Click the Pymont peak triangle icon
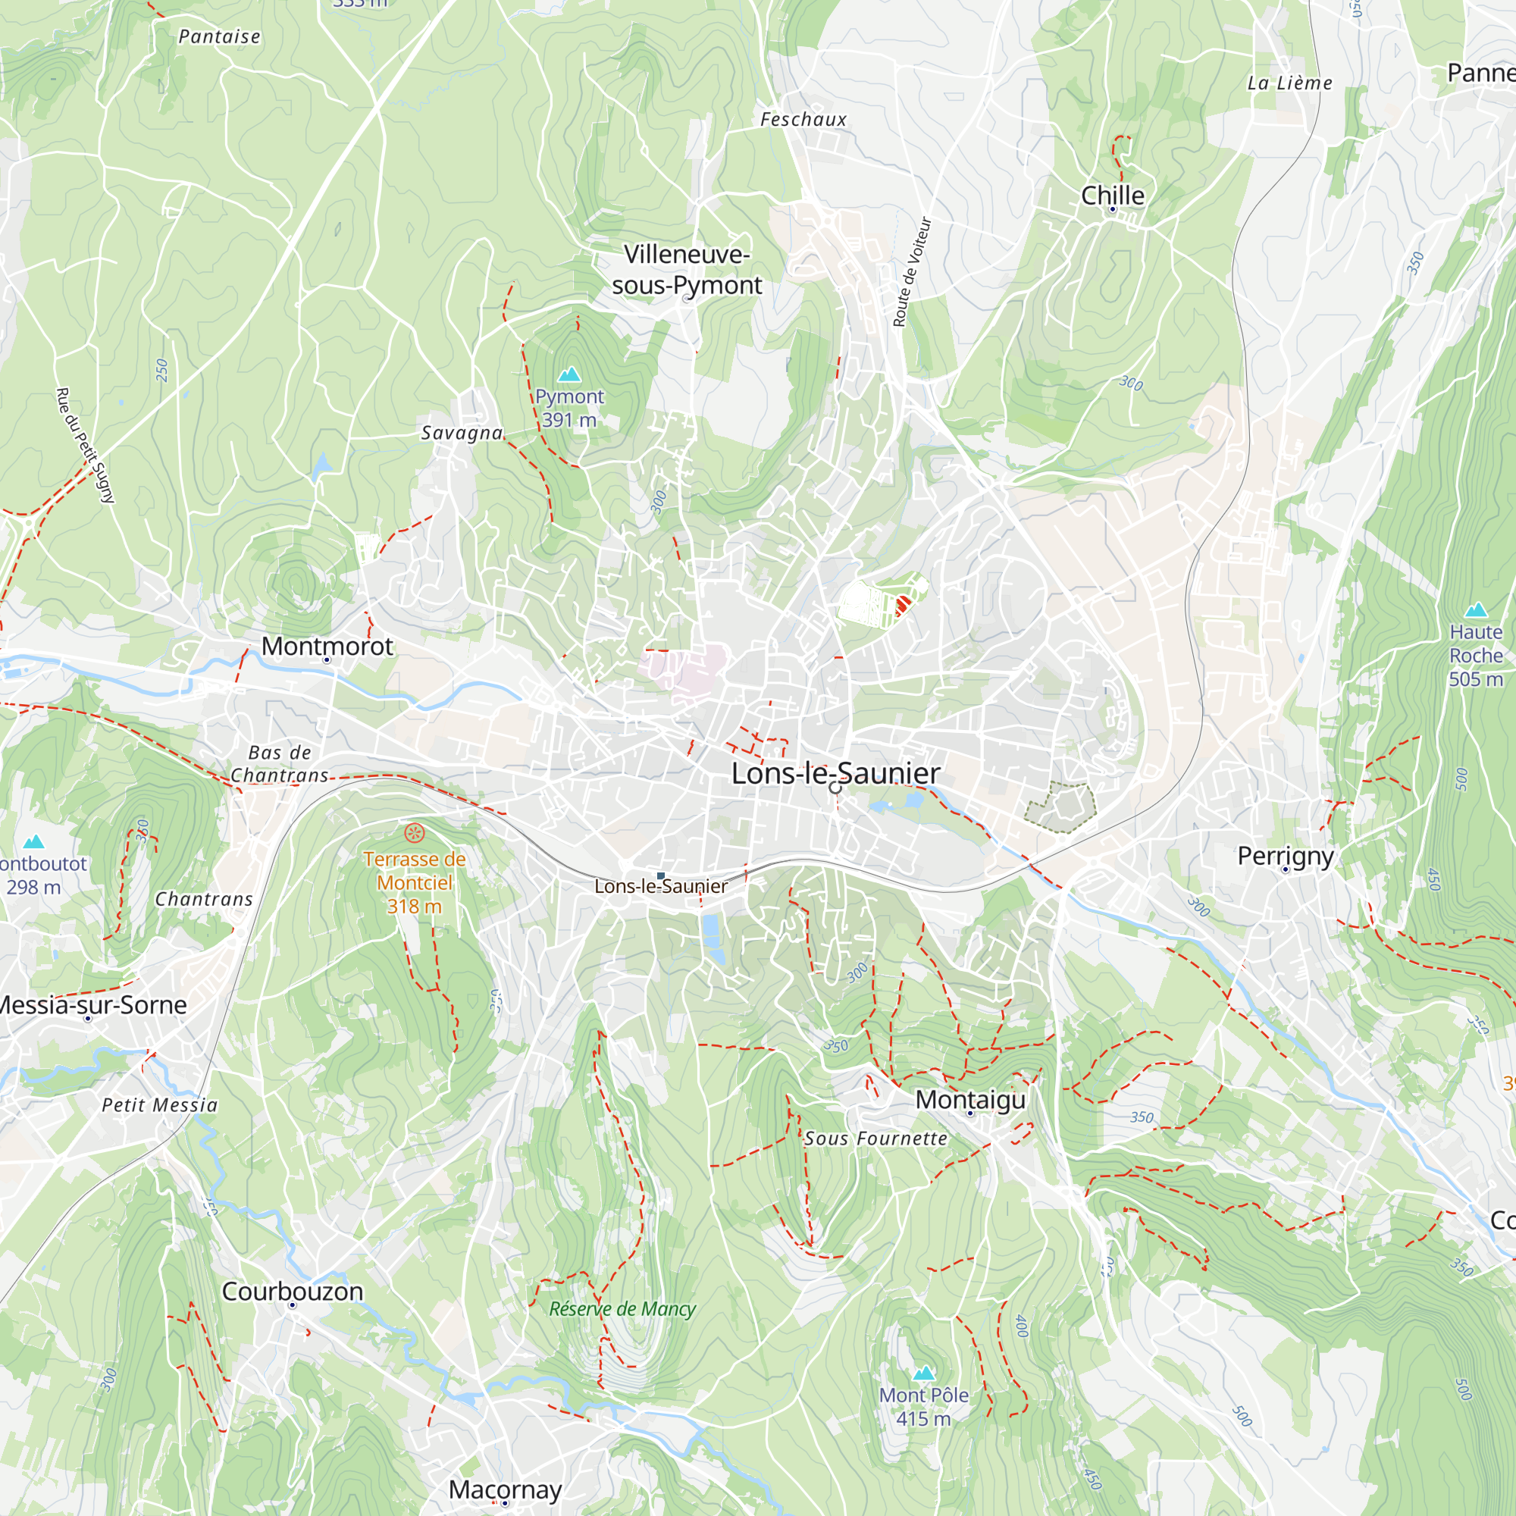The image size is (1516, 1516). [569, 374]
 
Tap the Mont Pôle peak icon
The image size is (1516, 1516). [923, 1373]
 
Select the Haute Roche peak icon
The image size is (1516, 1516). [1476, 609]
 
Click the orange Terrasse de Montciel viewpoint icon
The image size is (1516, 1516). [415, 832]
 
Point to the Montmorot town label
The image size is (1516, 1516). [327, 646]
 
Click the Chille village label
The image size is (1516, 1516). [1112, 195]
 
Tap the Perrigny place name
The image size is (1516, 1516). [1286, 855]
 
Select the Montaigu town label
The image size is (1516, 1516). [970, 1099]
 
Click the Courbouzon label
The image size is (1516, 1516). [292, 1291]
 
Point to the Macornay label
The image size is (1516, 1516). [505, 1489]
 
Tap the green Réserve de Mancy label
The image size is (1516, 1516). [622, 1309]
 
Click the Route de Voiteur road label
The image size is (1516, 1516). [911, 271]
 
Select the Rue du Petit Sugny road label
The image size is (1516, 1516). [85, 444]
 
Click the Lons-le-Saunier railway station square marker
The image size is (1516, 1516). [661, 875]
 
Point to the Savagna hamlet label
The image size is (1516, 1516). [462, 432]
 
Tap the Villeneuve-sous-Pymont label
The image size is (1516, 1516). [687, 269]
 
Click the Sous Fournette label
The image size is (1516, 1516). [875, 1138]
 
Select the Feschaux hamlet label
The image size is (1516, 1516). [803, 119]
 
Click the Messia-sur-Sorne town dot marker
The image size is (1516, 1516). [88, 1019]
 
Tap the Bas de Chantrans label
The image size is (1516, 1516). [280, 763]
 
